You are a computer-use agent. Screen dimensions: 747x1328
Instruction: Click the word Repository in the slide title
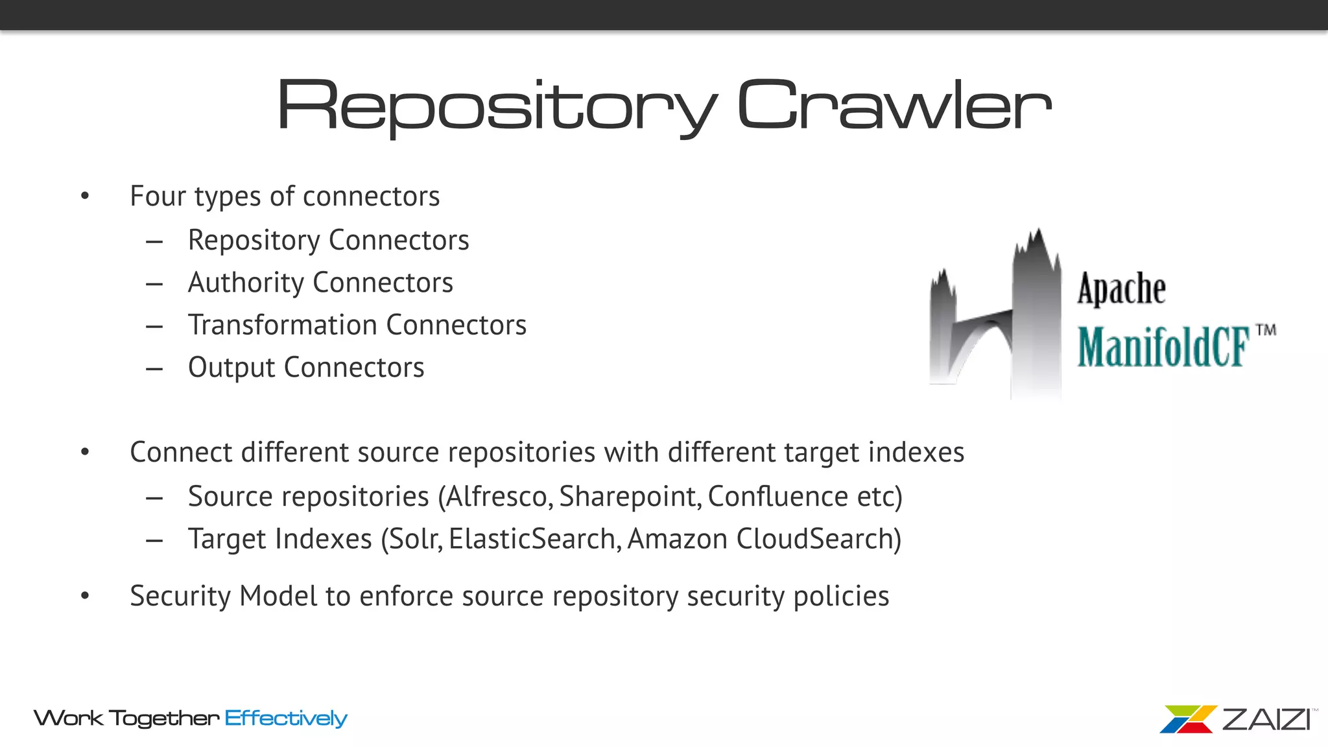496,106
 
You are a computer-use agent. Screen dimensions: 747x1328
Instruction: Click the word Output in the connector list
231,368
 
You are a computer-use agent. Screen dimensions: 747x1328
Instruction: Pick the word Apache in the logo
1121,289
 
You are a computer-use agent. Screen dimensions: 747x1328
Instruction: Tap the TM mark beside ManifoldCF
1266,330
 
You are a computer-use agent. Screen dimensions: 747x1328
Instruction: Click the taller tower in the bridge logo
1036,311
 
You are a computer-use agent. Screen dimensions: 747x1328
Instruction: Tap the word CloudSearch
814,539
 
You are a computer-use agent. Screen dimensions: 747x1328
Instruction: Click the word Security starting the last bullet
180,597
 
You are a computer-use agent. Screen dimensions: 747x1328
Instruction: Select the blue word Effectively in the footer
286,718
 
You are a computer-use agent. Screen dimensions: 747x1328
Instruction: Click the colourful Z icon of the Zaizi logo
1187,719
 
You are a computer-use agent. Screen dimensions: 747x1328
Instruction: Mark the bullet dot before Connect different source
85,452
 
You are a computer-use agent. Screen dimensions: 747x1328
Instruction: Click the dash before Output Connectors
154,369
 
